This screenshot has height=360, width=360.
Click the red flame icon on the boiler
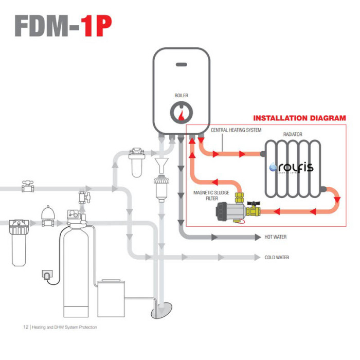coord(181,116)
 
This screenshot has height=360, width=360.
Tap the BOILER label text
coord(181,96)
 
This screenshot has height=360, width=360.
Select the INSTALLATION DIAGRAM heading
coord(299,118)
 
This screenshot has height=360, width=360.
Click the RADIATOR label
coord(293,134)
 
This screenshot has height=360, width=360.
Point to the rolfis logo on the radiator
coord(292,168)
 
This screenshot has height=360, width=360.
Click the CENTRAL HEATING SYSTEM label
coord(236,130)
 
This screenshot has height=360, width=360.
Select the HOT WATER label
coord(275,237)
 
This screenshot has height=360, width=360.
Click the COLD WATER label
coord(277,258)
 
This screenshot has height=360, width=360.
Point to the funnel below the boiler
coord(161,166)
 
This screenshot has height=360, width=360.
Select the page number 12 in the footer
coord(26,327)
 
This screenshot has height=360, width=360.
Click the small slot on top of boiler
coord(181,65)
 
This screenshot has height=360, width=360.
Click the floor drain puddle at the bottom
coord(164,310)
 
